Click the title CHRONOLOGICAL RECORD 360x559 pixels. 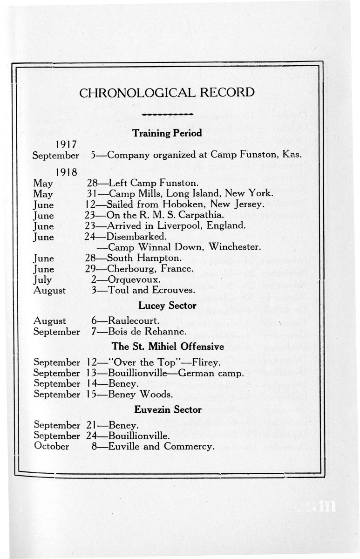(167, 92)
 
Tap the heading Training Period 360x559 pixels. (167, 133)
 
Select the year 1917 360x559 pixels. (66, 143)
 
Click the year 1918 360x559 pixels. (66, 171)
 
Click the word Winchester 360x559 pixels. (236, 247)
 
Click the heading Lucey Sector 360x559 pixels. (167, 306)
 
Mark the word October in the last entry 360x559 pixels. (52, 447)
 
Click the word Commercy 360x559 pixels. (190, 447)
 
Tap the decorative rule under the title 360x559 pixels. (167, 114)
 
